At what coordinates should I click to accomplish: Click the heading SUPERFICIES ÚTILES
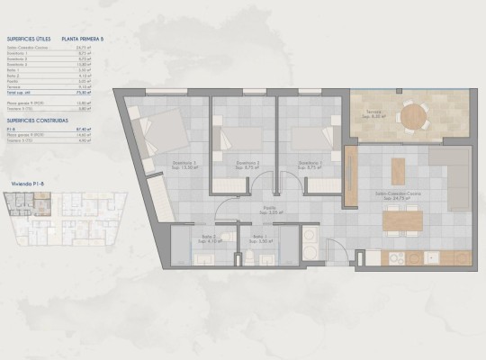point(28,40)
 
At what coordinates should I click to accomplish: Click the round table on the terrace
point(414,116)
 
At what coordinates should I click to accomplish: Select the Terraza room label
point(375,114)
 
